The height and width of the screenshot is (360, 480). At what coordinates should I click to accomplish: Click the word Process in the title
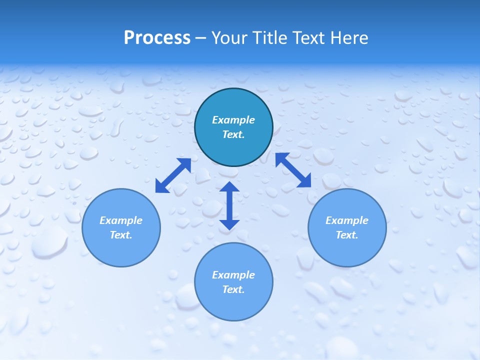click(157, 38)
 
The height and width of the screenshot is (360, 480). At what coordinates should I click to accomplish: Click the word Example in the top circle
click(233, 120)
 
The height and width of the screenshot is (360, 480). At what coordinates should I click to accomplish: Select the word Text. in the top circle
click(233, 134)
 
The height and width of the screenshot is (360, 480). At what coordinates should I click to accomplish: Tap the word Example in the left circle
click(121, 220)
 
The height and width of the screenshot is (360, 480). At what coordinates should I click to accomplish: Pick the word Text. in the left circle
click(121, 235)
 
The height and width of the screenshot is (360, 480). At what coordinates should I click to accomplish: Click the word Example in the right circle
click(347, 220)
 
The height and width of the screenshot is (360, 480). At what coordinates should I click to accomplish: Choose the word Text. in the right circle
click(347, 235)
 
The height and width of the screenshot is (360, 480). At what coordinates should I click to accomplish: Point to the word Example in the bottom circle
click(233, 275)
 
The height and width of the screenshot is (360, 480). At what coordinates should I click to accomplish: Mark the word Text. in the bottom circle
click(233, 289)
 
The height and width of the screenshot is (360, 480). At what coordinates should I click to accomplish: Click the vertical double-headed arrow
click(229, 205)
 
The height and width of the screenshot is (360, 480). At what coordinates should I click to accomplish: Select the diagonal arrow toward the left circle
click(173, 175)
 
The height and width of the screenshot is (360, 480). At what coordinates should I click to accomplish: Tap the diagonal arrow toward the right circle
click(293, 170)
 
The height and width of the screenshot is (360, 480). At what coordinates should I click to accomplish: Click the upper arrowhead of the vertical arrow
click(229, 187)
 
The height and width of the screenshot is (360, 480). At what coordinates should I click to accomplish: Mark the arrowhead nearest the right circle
click(305, 181)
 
